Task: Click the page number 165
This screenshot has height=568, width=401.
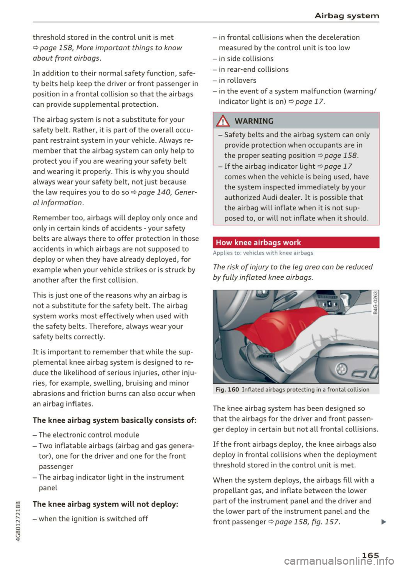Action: point(370,555)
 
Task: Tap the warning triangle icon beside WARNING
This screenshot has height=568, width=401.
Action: point(224,121)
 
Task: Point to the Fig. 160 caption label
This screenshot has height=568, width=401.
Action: point(227,389)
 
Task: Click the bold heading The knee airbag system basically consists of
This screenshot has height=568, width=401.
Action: point(114,420)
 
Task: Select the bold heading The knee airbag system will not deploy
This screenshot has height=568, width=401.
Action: point(105,504)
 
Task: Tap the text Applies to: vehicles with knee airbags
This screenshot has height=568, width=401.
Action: point(263,253)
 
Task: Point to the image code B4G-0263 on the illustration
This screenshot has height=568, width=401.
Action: point(375,303)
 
